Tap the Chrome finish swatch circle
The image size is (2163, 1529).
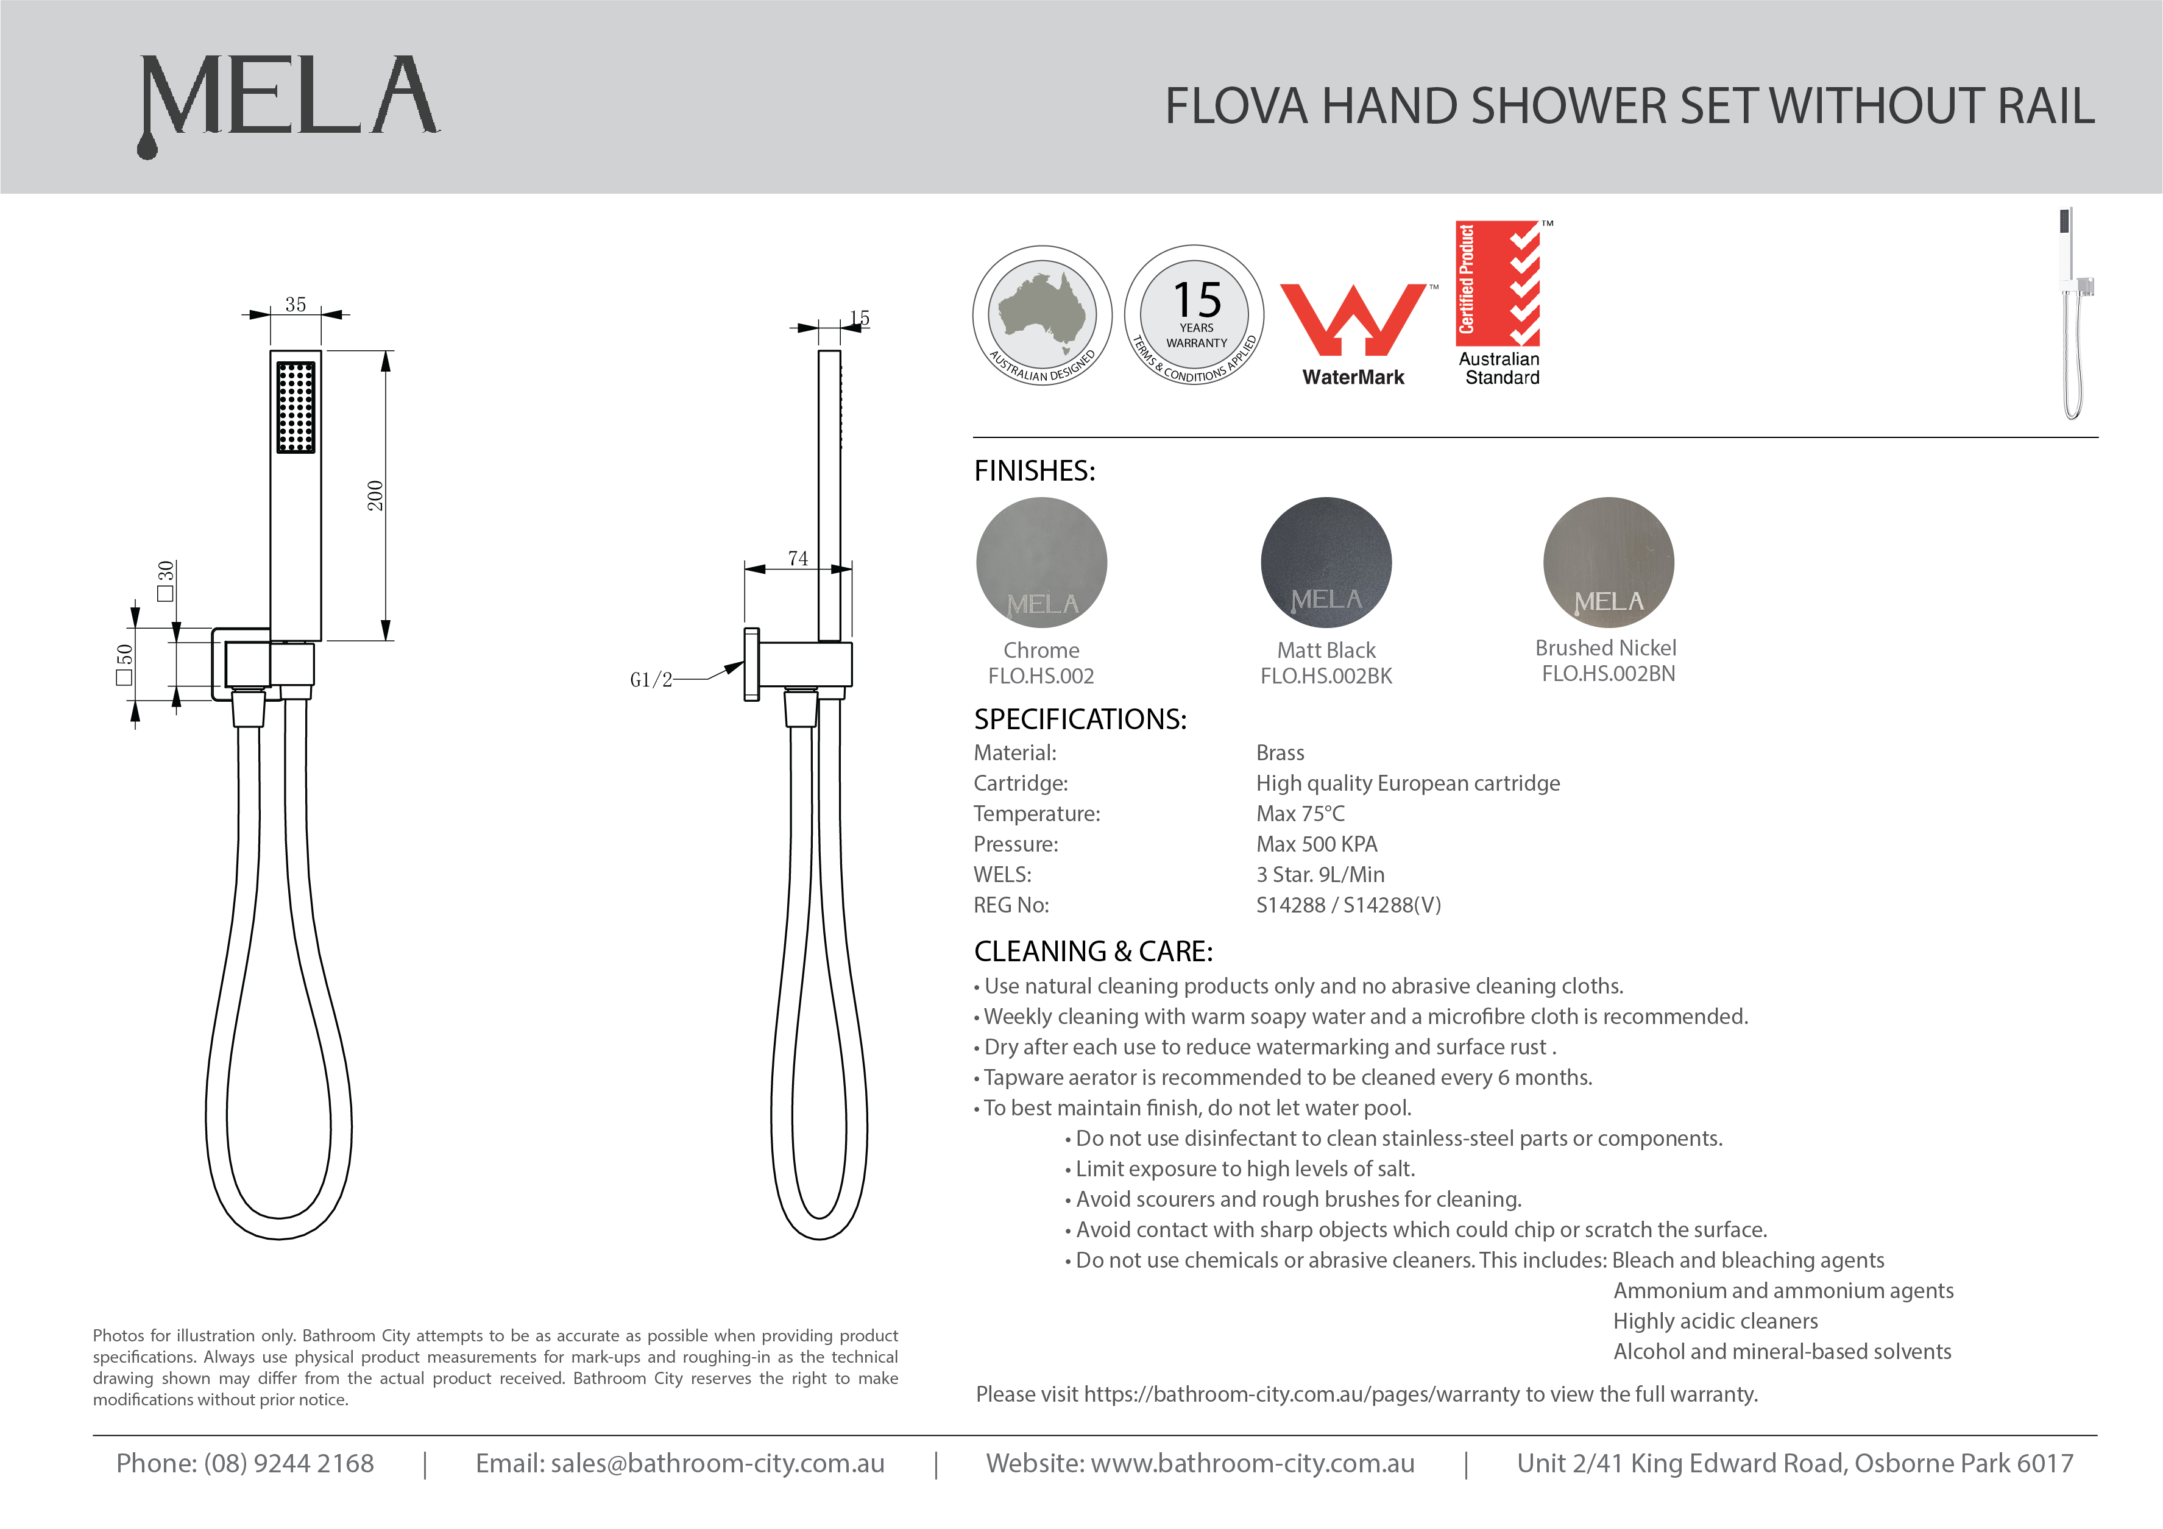tap(1041, 562)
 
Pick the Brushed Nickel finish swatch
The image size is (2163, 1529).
tap(1608, 562)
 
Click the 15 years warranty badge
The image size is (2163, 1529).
tap(1195, 315)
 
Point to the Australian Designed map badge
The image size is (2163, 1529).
tap(1042, 315)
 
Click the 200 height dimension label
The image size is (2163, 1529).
tap(375, 495)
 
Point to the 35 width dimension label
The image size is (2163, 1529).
tap(296, 305)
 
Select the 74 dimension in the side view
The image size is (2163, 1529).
tap(798, 559)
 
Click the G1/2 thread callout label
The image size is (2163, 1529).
tap(651, 679)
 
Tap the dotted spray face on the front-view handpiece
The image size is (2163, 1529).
tap(296, 407)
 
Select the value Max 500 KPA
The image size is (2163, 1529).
tap(1316, 844)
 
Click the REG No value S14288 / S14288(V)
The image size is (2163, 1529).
tap(1348, 905)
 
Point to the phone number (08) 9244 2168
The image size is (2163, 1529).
tap(288, 1463)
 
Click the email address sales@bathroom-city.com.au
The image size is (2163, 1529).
tap(717, 1463)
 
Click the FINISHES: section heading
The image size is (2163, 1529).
tap(1035, 470)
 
